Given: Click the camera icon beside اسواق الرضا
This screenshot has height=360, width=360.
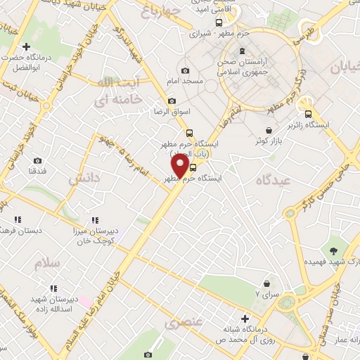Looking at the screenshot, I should coord(171,101).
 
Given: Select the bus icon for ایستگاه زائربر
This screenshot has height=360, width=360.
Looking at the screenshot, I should coord(307,115).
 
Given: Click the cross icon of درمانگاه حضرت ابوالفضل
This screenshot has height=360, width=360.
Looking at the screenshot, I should coord(27,46).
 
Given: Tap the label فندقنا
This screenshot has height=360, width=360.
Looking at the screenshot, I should coord(37,172).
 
